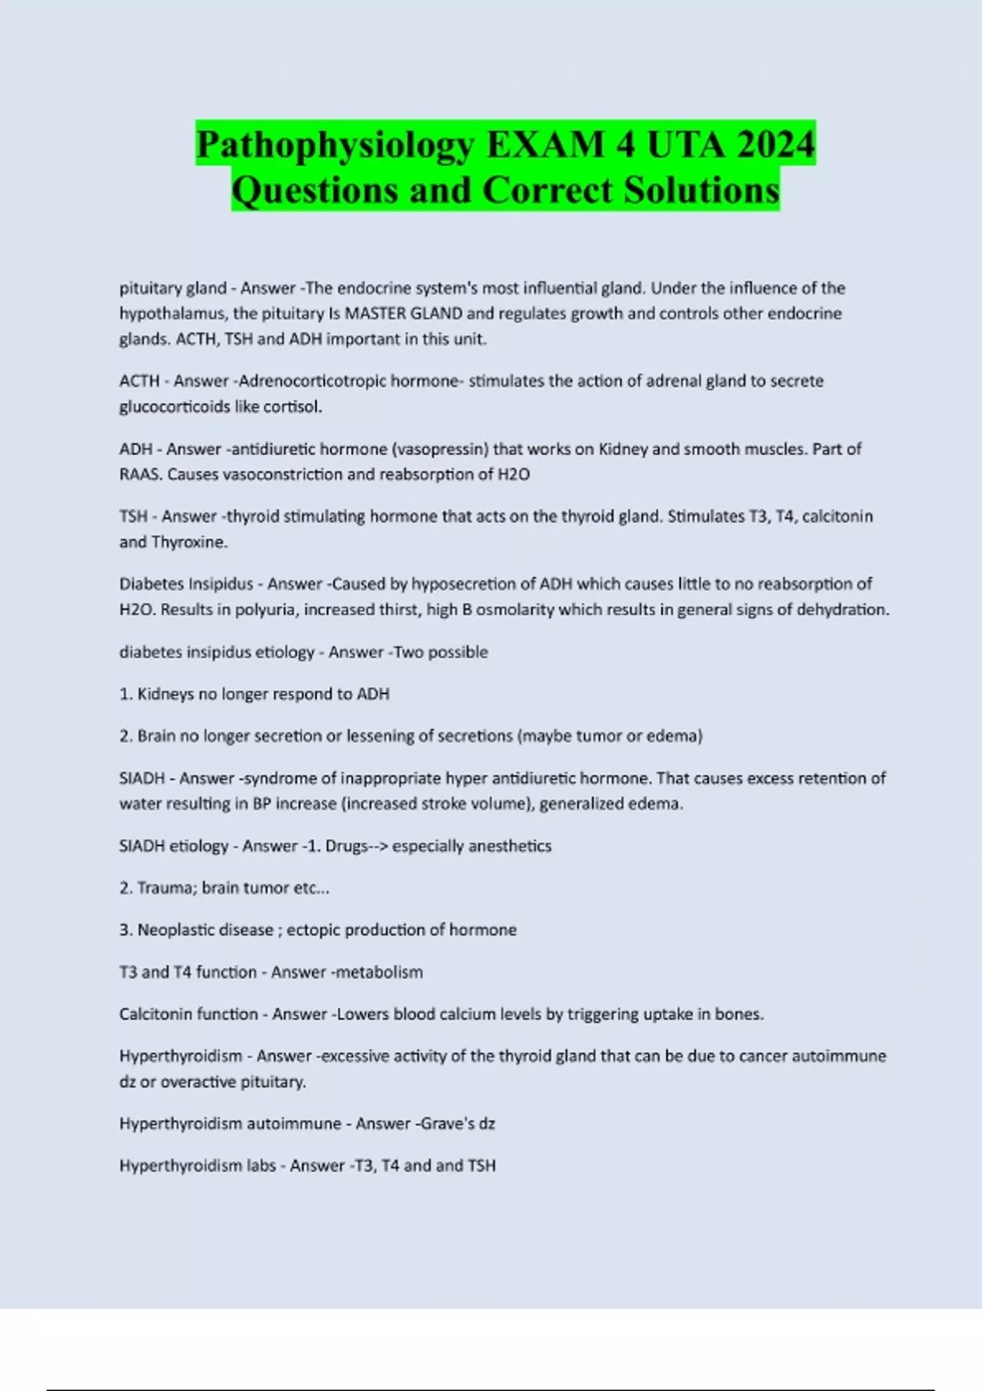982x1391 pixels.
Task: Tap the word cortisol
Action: pyautogui.click(x=295, y=407)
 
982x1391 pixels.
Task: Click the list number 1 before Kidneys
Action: pyautogui.click(x=125, y=694)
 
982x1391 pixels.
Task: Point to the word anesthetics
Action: pyautogui.click(x=511, y=846)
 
